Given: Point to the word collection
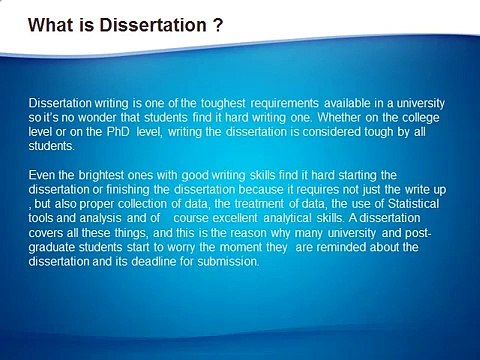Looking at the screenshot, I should [138, 205].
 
